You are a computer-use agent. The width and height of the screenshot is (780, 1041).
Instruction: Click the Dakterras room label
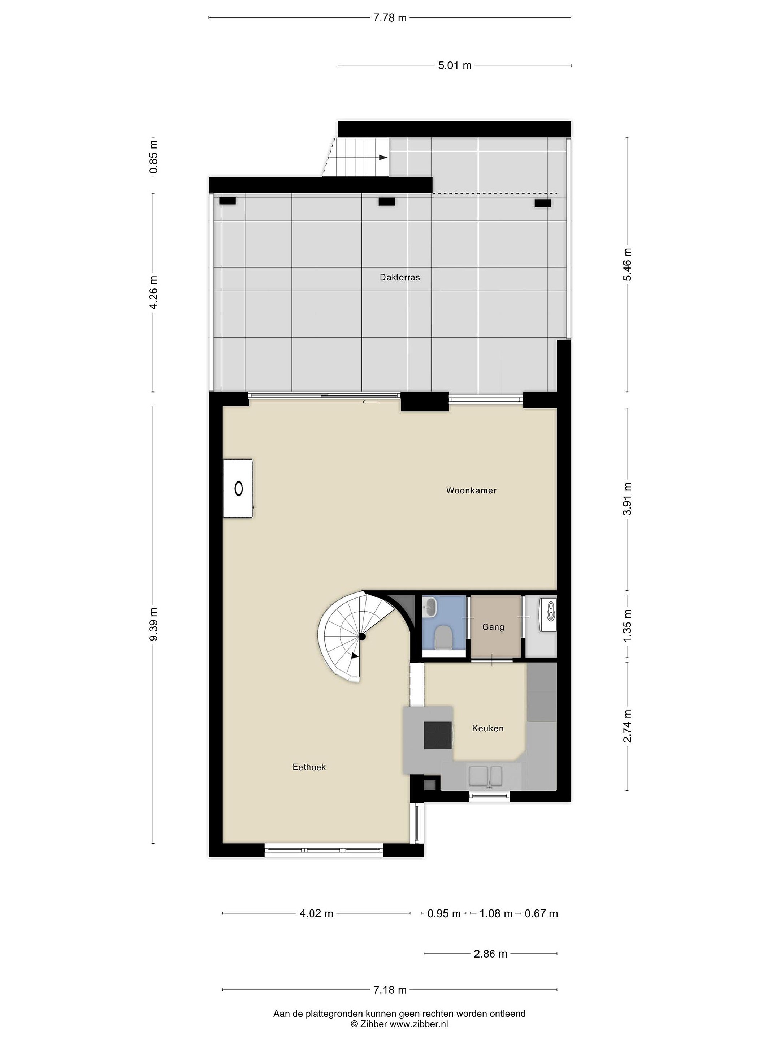pyautogui.click(x=400, y=278)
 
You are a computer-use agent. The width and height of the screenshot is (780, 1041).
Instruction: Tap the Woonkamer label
pyautogui.click(x=471, y=490)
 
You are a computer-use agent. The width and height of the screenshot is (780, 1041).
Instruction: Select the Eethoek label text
pyautogui.click(x=309, y=767)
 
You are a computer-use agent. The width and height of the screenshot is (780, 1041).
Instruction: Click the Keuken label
pyautogui.click(x=487, y=728)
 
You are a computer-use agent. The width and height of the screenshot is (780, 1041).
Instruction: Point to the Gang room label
pyautogui.click(x=493, y=627)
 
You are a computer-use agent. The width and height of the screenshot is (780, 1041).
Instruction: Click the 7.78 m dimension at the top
pyautogui.click(x=390, y=18)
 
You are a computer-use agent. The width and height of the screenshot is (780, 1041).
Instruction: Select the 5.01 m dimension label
pyautogui.click(x=455, y=65)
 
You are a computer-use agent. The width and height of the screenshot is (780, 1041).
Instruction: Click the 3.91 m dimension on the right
pyautogui.click(x=627, y=499)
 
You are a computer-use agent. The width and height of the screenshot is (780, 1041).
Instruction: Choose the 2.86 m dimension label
pyautogui.click(x=490, y=954)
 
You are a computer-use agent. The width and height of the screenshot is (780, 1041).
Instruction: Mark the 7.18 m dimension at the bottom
pyautogui.click(x=390, y=990)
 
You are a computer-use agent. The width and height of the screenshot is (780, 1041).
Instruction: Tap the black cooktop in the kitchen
pyautogui.click(x=438, y=735)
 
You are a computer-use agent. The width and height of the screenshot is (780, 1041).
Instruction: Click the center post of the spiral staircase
pyautogui.click(x=362, y=637)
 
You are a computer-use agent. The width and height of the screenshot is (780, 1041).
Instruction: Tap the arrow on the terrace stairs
pyautogui.click(x=383, y=158)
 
